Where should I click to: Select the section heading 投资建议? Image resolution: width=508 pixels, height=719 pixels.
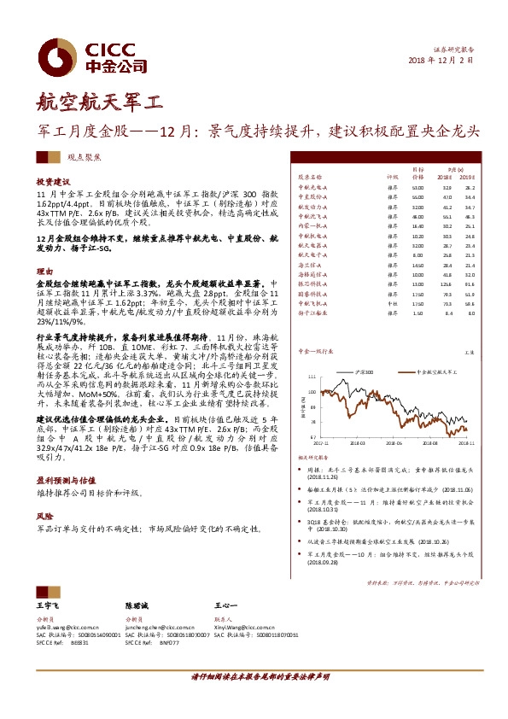(52, 182)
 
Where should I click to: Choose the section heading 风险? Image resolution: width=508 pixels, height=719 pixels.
(44, 517)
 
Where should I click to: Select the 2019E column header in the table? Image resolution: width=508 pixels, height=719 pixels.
(466, 175)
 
